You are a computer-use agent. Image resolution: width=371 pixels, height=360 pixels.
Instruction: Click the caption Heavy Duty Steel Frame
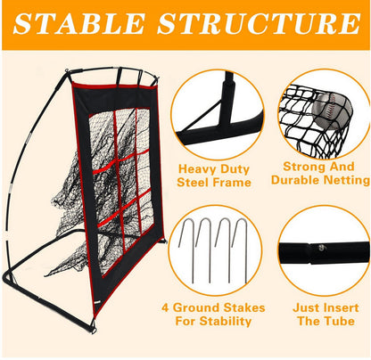click(215, 176)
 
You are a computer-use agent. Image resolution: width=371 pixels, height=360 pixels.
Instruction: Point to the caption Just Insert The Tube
click(317, 313)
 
